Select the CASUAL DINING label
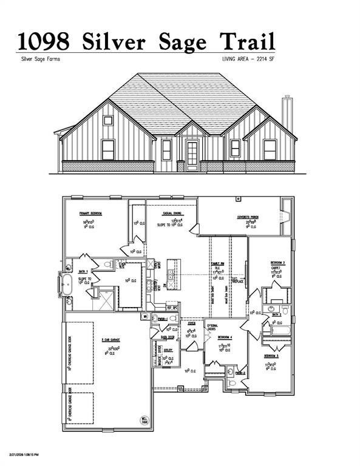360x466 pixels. pos(173,214)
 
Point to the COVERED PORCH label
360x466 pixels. pos(248,217)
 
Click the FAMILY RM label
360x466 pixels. pos(216,263)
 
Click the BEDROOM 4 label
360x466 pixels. pos(224,336)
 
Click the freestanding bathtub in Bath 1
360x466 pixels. pos(66,283)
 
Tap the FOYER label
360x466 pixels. pos(192,325)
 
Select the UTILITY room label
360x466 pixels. pos(168,350)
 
